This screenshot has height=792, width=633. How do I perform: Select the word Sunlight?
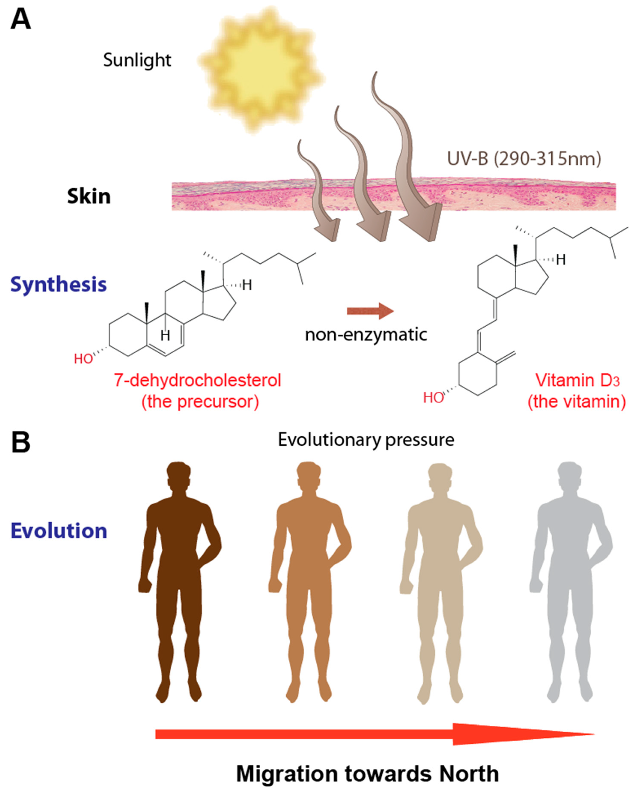(137, 60)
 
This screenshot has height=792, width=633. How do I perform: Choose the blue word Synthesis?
(59, 285)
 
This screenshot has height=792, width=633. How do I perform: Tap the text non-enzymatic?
(366, 335)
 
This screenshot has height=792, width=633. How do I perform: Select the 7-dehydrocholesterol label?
(198, 380)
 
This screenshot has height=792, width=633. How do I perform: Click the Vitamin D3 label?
(577, 380)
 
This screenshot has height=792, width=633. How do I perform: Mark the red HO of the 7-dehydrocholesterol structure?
(83, 359)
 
